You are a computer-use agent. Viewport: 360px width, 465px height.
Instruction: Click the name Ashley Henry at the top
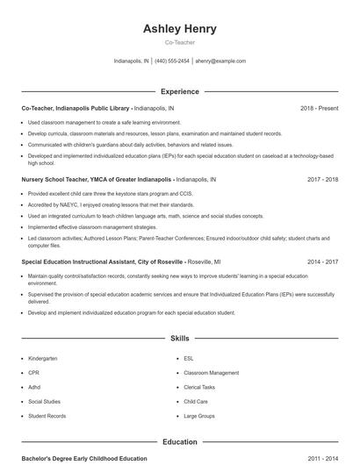tap(179, 29)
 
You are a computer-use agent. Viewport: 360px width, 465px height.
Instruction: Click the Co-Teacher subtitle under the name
tap(179, 42)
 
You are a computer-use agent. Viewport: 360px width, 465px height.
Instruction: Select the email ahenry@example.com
tap(220, 61)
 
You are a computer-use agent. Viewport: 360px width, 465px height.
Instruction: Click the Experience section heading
tap(179, 91)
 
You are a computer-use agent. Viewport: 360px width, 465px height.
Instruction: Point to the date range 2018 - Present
tap(319, 108)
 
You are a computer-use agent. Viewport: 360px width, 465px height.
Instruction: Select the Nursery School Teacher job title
tap(97, 178)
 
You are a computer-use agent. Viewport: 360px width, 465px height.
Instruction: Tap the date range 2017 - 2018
tap(322, 178)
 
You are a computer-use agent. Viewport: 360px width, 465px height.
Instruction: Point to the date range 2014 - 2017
tap(322, 261)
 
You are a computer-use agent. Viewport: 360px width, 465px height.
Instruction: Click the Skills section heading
tap(179, 338)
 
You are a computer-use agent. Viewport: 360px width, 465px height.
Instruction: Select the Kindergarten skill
tap(42, 359)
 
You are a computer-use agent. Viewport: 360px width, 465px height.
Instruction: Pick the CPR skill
tap(33, 373)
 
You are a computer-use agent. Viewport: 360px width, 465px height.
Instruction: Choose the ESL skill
tap(189, 359)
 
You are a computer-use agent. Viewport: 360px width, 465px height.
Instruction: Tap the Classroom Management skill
tap(211, 373)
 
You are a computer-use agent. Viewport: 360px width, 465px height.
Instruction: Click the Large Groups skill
tap(199, 416)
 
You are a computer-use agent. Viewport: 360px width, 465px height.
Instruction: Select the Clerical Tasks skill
tap(199, 387)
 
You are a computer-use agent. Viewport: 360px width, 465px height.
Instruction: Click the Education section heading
tap(179, 442)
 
